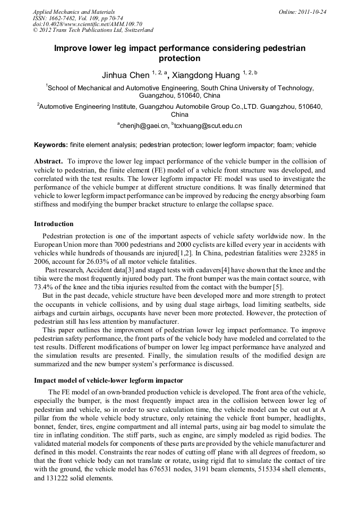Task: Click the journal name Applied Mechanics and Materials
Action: [x=73, y=11]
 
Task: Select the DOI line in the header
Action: [x=88, y=24]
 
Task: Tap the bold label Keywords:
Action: [x=51, y=144]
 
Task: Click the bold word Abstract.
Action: [x=49, y=161]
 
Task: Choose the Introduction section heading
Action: [x=54, y=223]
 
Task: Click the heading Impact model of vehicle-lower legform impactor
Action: [x=108, y=380]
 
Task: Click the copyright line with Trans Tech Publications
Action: [x=93, y=30]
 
